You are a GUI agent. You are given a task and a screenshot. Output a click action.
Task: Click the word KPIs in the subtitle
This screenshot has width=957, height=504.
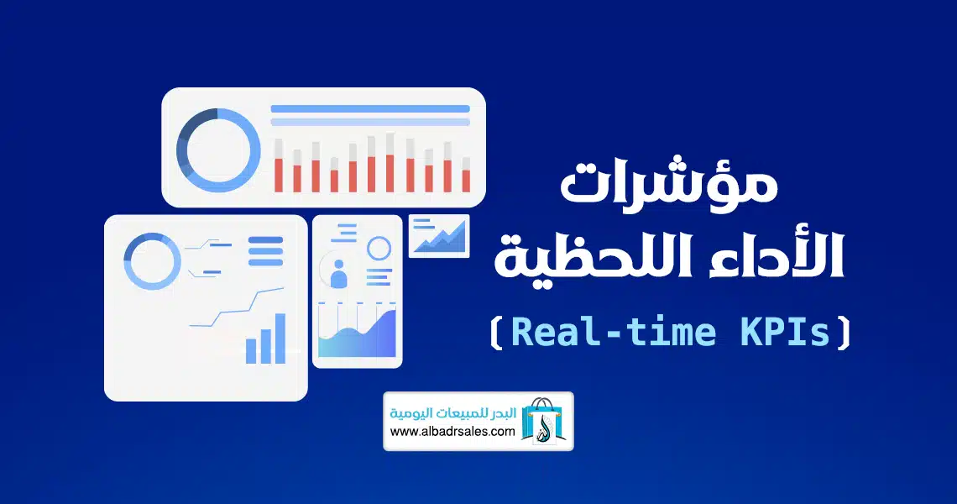(x=786, y=332)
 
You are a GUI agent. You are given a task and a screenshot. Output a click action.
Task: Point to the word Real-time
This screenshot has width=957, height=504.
(x=614, y=332)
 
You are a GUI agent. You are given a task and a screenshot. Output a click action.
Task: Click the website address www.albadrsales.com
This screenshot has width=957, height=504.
(x=452, y=431)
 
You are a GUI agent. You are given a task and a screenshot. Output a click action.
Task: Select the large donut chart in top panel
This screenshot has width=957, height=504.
(x=218, y=150)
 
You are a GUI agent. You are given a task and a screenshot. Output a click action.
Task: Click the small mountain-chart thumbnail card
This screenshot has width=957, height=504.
(x=439, y=236)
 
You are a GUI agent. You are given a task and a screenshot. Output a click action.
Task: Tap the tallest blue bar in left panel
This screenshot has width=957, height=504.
(x=280, y=339)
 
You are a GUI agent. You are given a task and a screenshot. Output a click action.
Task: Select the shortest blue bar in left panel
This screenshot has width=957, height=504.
(x=251, y=351)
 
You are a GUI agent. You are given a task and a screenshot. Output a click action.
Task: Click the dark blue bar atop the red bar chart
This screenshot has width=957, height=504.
(x=370, y=108)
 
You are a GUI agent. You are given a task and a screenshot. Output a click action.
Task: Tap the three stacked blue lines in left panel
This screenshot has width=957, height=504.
(x=265, y=251)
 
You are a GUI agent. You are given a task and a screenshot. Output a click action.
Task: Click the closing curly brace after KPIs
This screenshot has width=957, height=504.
(x=844, y=333)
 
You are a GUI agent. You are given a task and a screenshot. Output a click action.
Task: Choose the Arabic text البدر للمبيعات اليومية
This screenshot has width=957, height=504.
(x=452, y=413)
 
